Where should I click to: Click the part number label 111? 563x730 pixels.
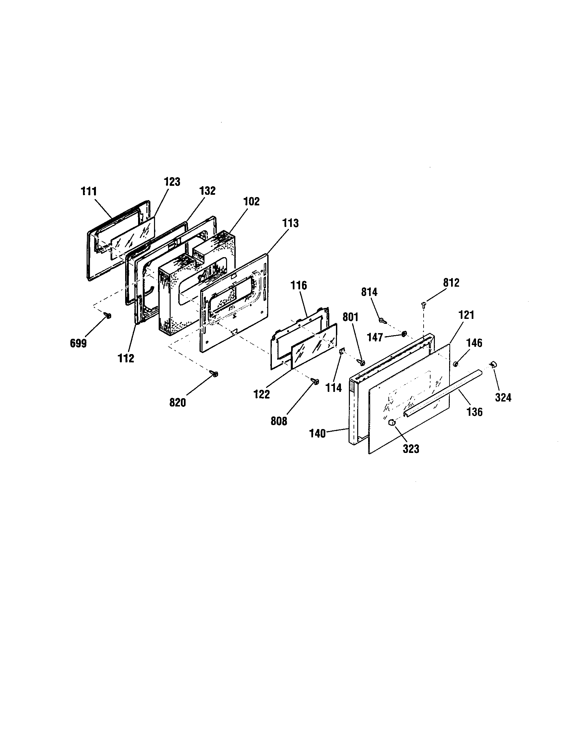tap(89, 191)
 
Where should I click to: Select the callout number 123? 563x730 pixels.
tap(172, 182)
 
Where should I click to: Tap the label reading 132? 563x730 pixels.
tap(207, 191)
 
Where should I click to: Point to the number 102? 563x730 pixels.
tap(251, 201)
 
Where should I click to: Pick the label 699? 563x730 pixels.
tap(78, 343)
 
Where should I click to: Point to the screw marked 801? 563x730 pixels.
tap(362, 362)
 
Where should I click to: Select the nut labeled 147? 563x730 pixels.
tap(404, 333)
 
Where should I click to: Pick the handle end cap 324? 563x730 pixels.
tap(493, 364)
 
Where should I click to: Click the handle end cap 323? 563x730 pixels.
tap(392, 422)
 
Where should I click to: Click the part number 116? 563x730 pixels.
tap(298, 285)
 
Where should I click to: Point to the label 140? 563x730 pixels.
tap(317, 434)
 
